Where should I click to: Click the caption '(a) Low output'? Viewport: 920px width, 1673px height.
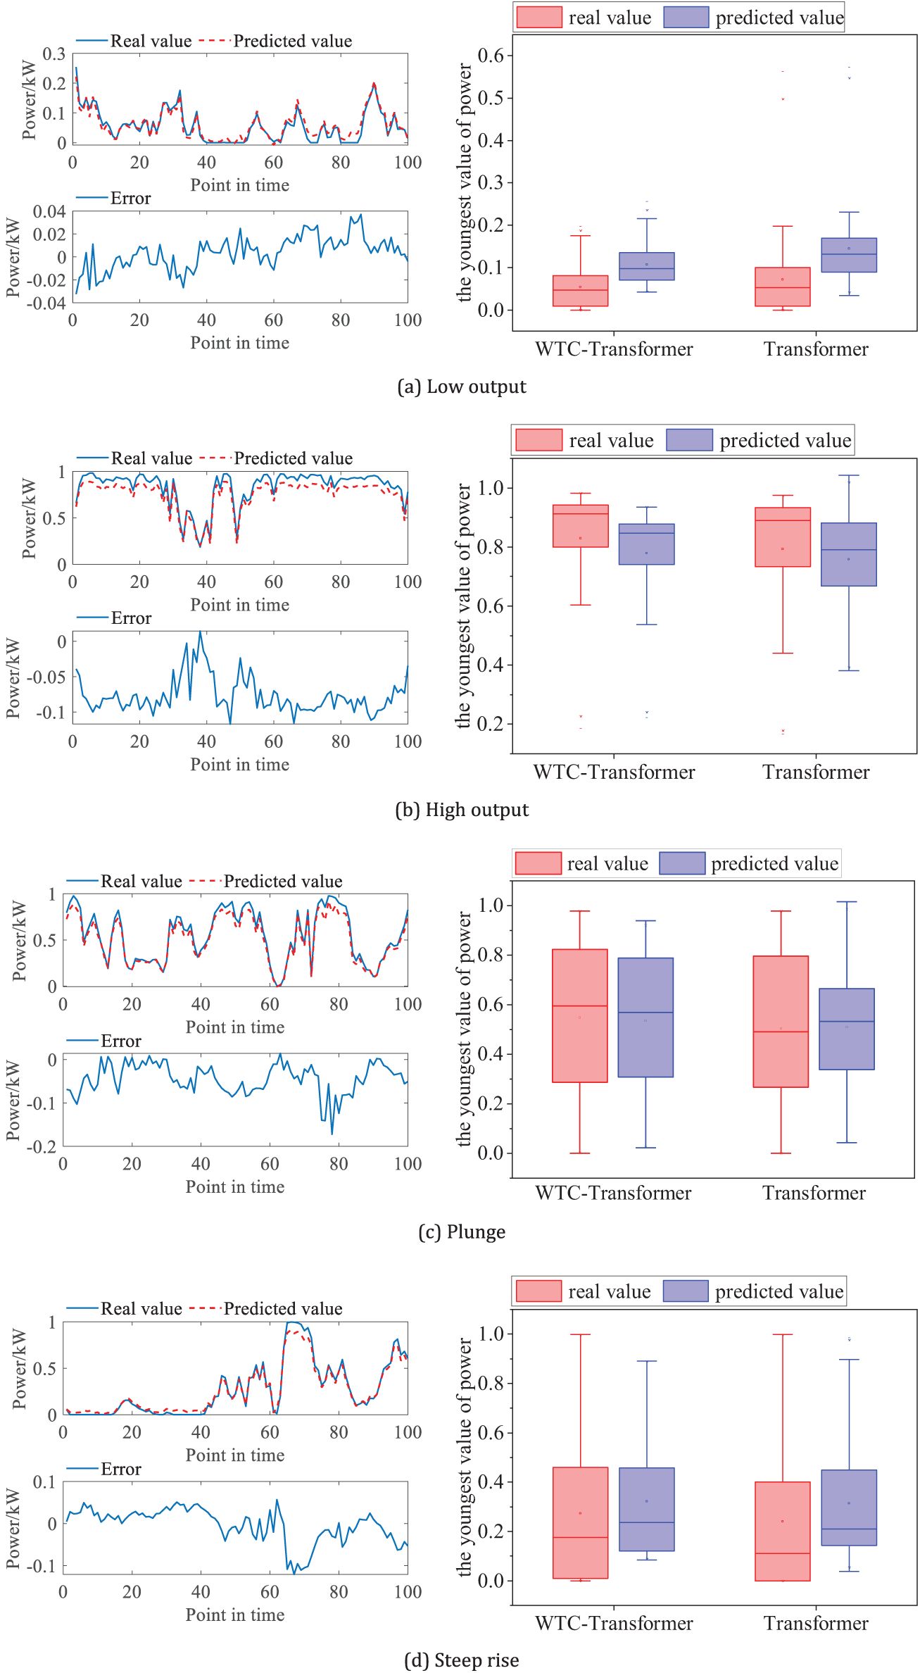click(462, 387)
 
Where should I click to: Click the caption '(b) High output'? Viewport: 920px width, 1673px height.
click(462, 810)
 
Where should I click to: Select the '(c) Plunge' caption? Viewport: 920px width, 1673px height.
click(462, 1232)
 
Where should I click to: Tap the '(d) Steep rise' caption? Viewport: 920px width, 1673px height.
click(462, 1660)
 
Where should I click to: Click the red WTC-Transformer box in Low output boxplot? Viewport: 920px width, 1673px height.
click(581, 291)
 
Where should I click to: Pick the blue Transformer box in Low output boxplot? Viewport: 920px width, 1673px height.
click(849, 255)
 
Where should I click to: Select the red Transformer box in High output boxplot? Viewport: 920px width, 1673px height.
click(783, 537)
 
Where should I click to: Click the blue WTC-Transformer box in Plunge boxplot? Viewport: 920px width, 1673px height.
click(645, 1017)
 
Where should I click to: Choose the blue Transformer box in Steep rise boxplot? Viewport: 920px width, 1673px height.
click(849, 1508)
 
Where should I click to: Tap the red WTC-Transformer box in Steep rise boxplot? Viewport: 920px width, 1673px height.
click(581, 1523)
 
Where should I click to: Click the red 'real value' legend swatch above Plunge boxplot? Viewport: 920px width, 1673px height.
click(538, 863)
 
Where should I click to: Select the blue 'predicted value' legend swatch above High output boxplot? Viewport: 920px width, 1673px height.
click(690, 440)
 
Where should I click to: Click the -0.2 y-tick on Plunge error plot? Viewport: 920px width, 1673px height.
click(42, 1146)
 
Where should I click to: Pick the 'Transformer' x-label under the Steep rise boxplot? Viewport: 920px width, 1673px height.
click(817, 1623)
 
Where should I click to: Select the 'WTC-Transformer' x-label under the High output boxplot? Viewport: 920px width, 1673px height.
click(614, 772)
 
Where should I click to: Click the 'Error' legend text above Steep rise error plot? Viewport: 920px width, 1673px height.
click(121, 1469)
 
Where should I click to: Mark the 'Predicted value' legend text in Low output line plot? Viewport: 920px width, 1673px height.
click(293, 41)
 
